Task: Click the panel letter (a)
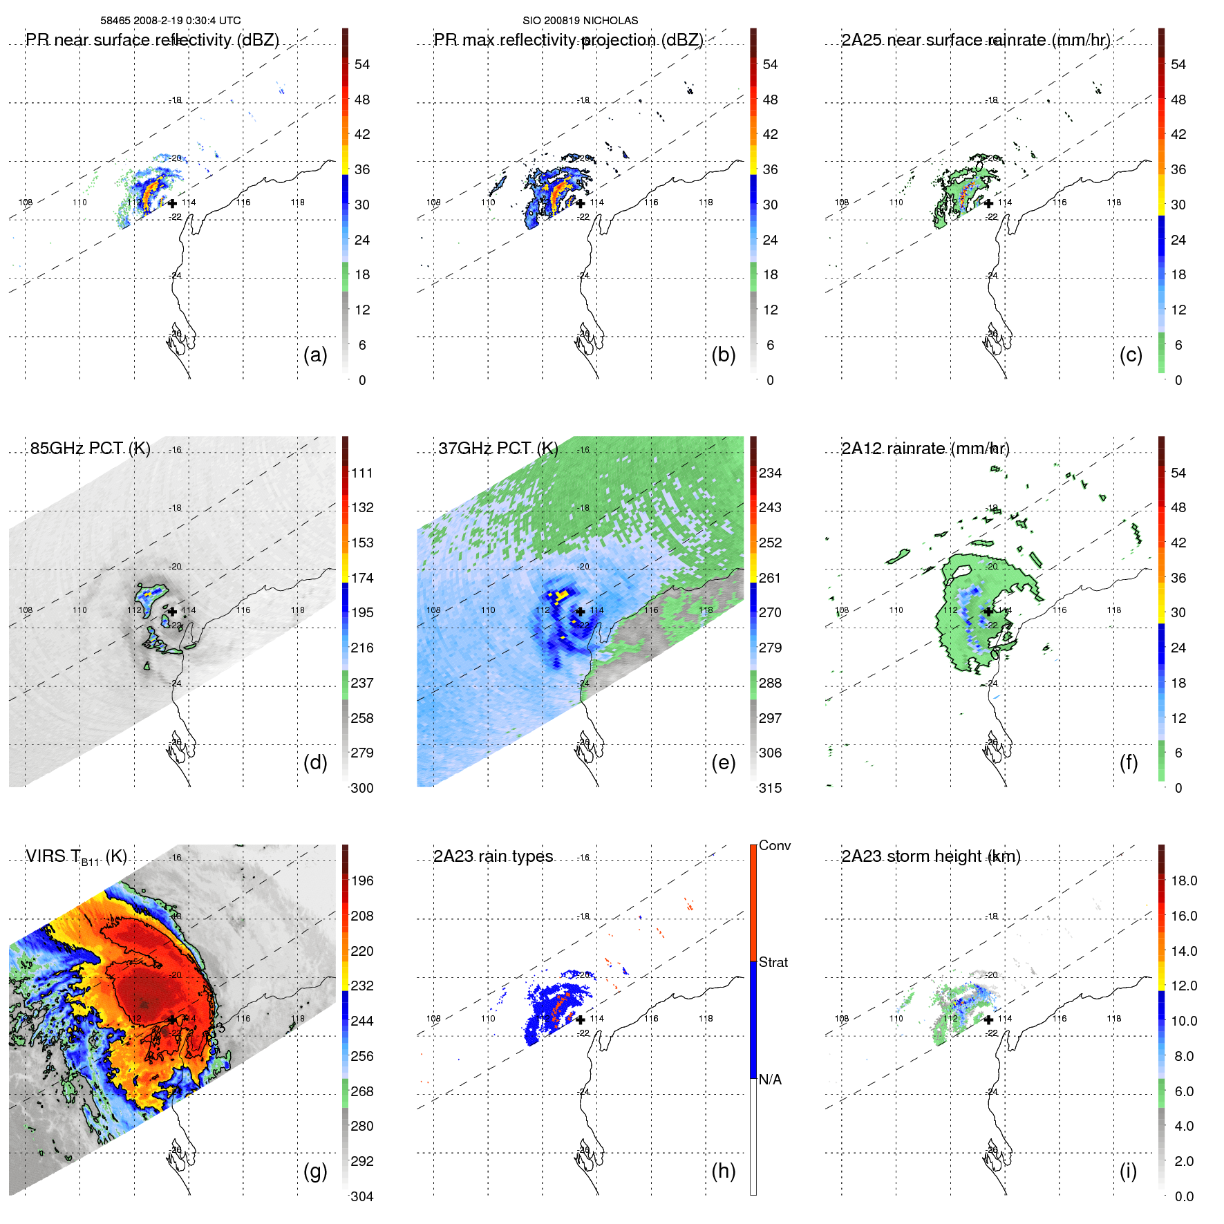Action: coord(315,355)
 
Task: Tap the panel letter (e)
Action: coord(723,763)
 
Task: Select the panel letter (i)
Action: coord(1128,1171)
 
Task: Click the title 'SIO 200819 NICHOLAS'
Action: coord(580,21)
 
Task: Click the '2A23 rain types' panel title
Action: coord(493,856)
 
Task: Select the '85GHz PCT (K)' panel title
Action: coord(90,449)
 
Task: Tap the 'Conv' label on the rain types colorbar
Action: coord(775,845)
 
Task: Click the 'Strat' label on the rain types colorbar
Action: coord(773,962)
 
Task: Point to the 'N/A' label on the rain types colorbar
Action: coord(771,1080)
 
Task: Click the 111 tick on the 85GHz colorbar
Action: coord(362,473)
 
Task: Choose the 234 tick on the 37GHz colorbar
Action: coord(770,473)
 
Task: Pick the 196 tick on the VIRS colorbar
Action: coord(362,881)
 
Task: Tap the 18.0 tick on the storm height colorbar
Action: coord(1184,881)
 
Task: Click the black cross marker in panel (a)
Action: coord(172,203)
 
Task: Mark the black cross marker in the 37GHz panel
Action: coord(581,611)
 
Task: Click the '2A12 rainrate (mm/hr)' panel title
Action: coord(925,449)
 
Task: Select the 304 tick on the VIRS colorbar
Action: coord(362,1196)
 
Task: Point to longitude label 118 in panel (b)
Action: coord(706,203)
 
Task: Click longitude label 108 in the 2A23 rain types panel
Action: coord(433,1018)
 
